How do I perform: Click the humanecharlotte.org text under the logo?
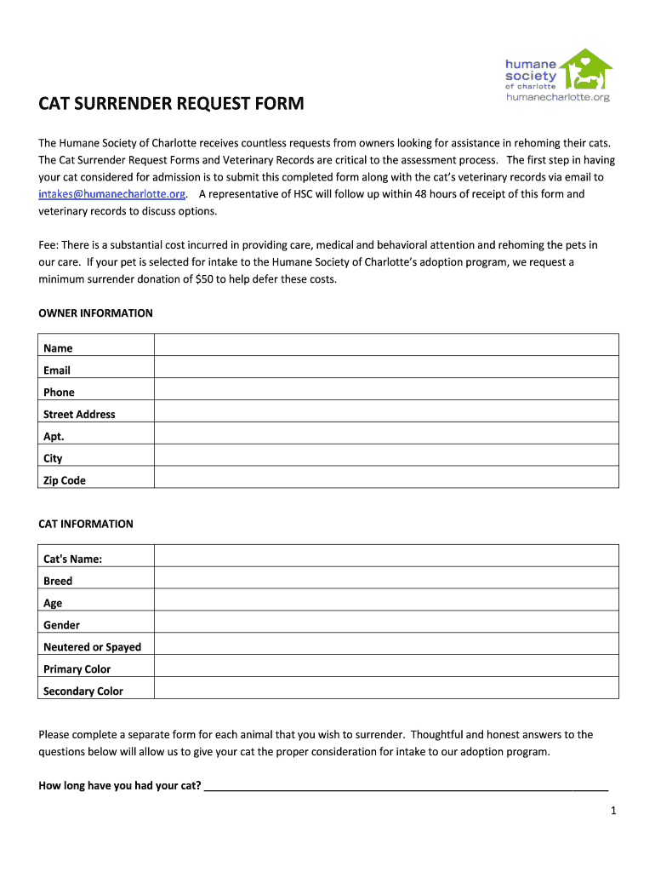pyautogui.click(x=558, y=97)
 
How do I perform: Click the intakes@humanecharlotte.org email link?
pyautogui.click(x=111, y=194)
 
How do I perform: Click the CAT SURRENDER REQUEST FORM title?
pyautogui.click(x=171, y=105)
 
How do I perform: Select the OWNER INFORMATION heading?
pyautogui.click(x=95, y=313)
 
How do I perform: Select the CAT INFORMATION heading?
pyautogui.click(x=86, y=524)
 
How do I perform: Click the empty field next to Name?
pyautogui.click(x=386, y=345)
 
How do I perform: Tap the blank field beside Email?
pyautogui.click(x=386, y=367)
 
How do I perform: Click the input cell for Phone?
pyautogui.click(x=386, y=389)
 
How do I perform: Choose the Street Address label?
pyautogui.click(x=79, y=415)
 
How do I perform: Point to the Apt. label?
pyautogui.click(x=54, y=437)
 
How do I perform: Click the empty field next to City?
pyautogui.click(x=386, y=456)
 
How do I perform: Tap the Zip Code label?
pyautogui.click(x=65, y=481)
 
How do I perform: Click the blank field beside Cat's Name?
pyautogui.click(x=386, y=556)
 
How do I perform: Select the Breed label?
pyautogui.click(x=58, y=582)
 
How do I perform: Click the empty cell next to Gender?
pyautogui.click(x=386, y=622)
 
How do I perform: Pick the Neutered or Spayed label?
pyautogui.click(x=92, y=647)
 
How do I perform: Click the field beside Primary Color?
pyautogui.click(x=386, y=666)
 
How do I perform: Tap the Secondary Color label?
pyautogui.click(x=83, y=691)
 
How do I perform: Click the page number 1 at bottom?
pyautogui.click(x=612, y=811)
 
